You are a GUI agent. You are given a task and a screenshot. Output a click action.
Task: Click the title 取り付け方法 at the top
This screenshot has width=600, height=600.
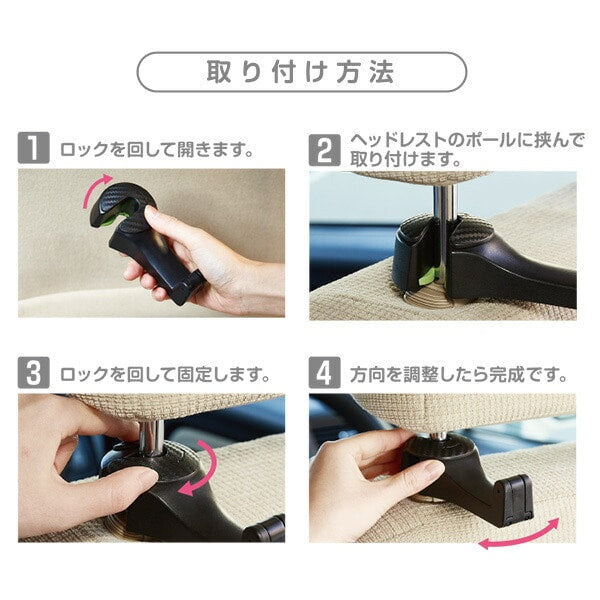click(301, 72)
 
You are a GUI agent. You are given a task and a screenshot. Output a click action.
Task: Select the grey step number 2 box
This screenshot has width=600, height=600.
click(325, 152)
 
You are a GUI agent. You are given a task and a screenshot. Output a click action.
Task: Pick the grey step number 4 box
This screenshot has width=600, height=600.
click(325, 375)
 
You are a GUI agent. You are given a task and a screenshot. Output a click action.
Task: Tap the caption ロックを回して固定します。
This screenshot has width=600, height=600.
click(165, 376)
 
